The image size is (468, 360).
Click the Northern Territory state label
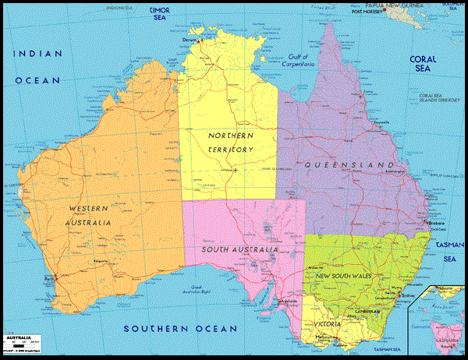click(231, 143)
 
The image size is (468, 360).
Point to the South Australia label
click(239, 249)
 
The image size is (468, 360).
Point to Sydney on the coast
click(405, 295)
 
